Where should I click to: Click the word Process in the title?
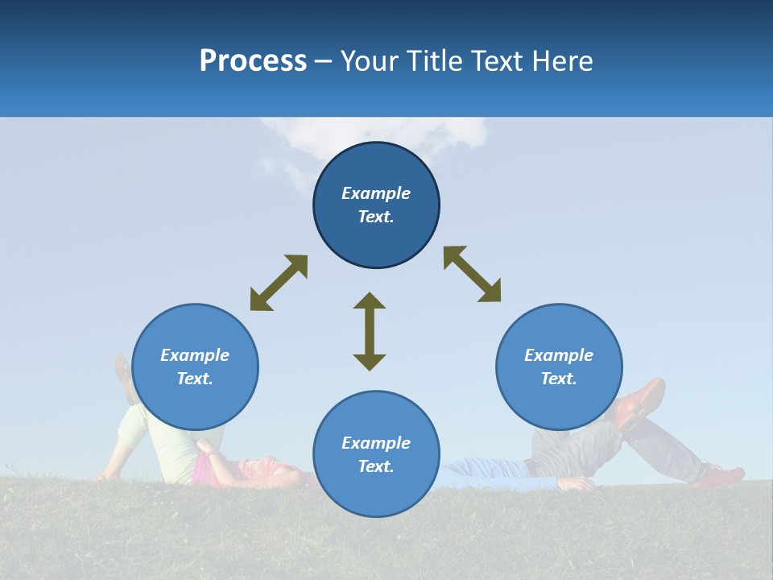tap(253, 61)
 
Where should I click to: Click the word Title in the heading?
tap(432, 61)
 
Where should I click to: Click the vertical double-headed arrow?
tap(370, 331)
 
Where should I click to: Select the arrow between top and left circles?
tap(279, 283)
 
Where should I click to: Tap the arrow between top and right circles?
tap(472, 274)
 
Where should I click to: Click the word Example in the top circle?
tap(376, 193)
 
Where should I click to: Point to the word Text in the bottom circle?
tap(376, 466)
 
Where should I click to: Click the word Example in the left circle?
tap(195, 355)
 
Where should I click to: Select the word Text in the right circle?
tap(559, 379)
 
